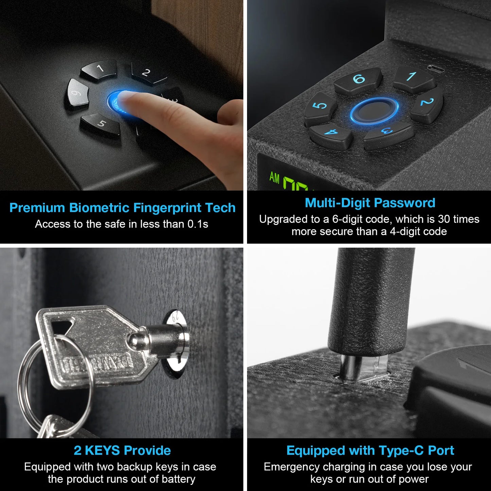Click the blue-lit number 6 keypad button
pyautogui.click(x=358, y=80)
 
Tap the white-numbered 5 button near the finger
pyautogui.click(x=101, y=124)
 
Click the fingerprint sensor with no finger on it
pyautogui.click(x=374, y=110)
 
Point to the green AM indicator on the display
pyautogui.click(x=274, y=177)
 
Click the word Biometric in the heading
pyautogui.click(x=99, y=208)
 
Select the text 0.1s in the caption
pyautogui.click(x=197, y=224)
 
